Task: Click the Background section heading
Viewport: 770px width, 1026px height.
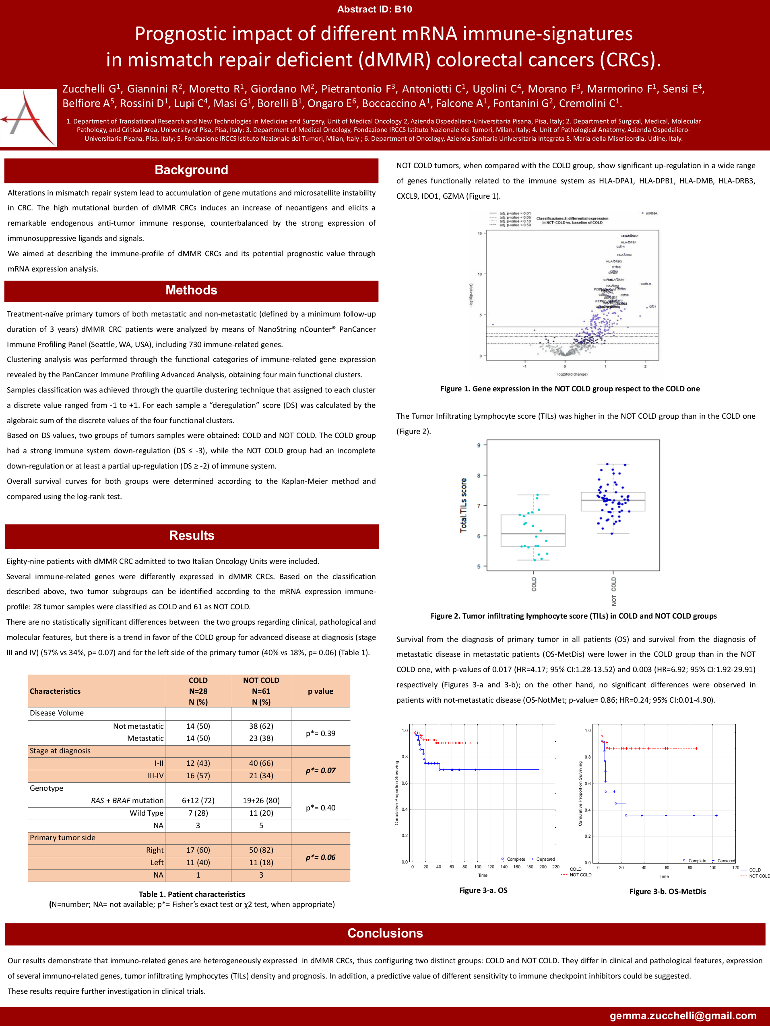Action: (191, 170)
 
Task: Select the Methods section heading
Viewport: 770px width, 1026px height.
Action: (191, 290)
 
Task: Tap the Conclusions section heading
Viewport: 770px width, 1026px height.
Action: (385, 933)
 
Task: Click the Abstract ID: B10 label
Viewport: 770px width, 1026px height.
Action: (375, 9)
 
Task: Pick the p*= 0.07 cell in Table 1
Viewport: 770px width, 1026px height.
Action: (320, 771)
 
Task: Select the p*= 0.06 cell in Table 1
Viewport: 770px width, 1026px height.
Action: (320, 857)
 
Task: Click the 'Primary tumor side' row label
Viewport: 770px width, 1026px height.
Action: (63, 838)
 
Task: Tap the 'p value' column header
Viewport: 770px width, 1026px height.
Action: (320, 691)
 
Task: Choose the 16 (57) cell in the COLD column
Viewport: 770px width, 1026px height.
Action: (198, 775)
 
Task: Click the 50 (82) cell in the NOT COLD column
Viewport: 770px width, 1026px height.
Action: (261, 850)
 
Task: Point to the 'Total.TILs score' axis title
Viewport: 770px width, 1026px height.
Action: (463, 505)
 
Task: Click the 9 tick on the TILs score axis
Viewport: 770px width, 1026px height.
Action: (479, 445)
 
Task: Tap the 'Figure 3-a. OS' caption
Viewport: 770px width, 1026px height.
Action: (483, 890)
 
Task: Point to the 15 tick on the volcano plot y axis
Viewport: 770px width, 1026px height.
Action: (480, 233)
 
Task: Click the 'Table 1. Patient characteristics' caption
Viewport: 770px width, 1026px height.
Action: (192, 894)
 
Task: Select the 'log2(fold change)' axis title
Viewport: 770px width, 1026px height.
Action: (572, 374)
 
